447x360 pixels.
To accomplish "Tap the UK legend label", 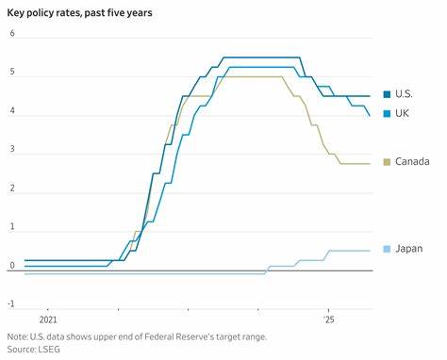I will coord(403,114).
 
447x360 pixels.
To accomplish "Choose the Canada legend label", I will coord(412,162).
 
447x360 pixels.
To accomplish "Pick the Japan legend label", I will coord(409,249).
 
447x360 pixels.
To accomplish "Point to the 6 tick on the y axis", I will coord(12,34).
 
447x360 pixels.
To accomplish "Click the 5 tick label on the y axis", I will coord(12,73).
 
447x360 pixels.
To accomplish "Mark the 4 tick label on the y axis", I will coord(12,111).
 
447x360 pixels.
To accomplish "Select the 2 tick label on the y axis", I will coord(12,188).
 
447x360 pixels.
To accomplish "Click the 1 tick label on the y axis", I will coord(12,227).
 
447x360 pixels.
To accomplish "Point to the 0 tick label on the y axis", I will coord(12,266).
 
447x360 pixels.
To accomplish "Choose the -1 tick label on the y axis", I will coord(11,304).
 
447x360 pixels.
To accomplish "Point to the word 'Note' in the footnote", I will coord(17,336).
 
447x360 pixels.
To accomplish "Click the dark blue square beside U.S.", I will coord(387,94).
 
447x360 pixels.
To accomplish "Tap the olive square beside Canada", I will coord(387,162).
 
